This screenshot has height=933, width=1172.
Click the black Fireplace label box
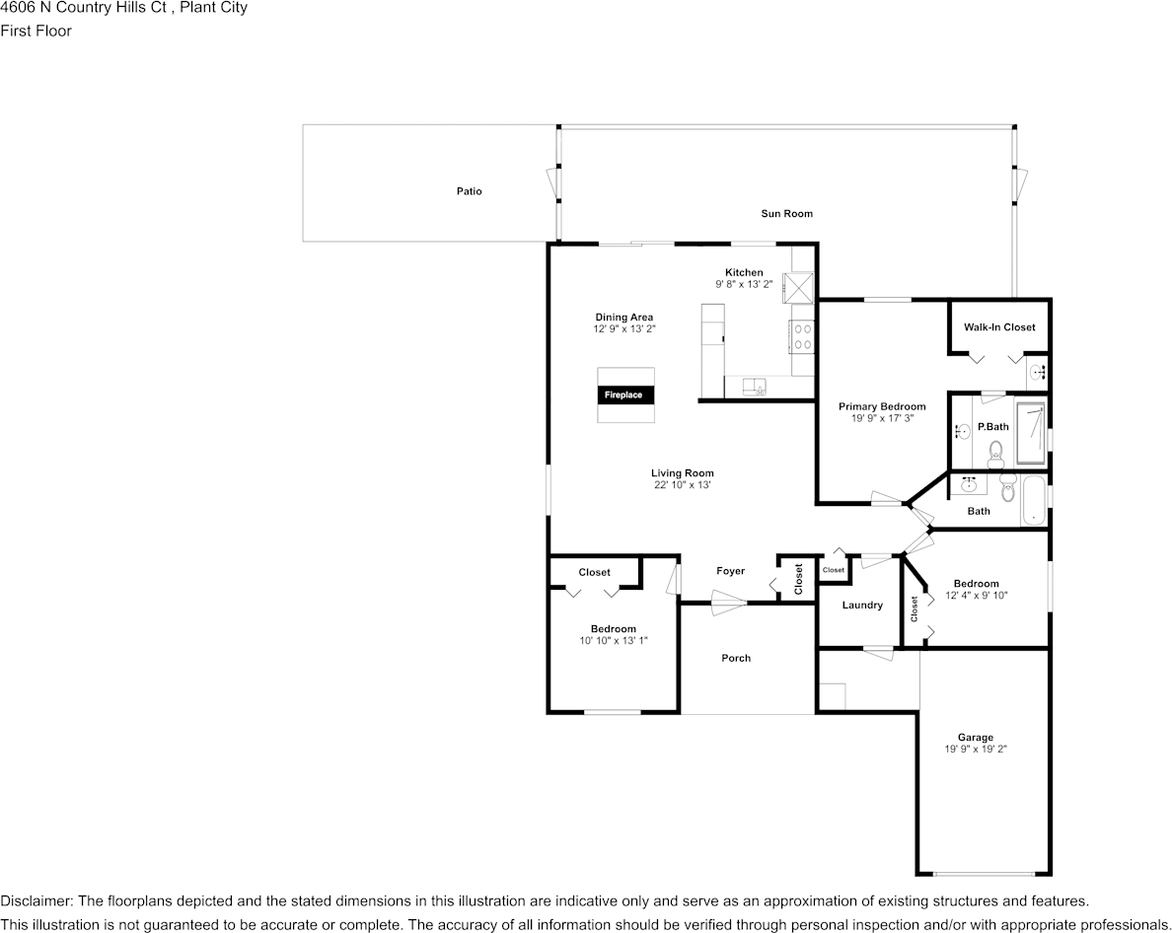coord(625,395)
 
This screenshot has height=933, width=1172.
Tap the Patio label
coord(470,191)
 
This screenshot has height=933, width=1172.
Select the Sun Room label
coord(786,214)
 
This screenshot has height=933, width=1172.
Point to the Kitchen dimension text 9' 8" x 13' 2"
coord(744,285)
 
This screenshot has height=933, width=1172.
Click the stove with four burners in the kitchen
coord(802,335)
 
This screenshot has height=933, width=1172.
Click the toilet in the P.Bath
coord(995,453)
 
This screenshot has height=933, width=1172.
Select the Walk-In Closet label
coord(999,327)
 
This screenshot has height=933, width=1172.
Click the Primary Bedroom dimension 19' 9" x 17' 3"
coord(882,418)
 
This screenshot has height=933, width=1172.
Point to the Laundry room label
coord(862,605)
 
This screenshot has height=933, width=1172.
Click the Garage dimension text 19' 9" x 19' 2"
coord(975,750)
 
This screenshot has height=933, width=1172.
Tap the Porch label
coord(736,658)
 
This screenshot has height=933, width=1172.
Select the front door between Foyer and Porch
coord(728,603)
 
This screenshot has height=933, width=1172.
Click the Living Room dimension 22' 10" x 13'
coord(682,485)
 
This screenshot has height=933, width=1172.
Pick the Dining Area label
coord(624,318)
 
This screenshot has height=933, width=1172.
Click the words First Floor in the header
coord(36,32)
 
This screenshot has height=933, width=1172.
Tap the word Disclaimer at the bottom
coord(36,900)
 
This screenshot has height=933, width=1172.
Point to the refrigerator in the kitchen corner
coord(797,288)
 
